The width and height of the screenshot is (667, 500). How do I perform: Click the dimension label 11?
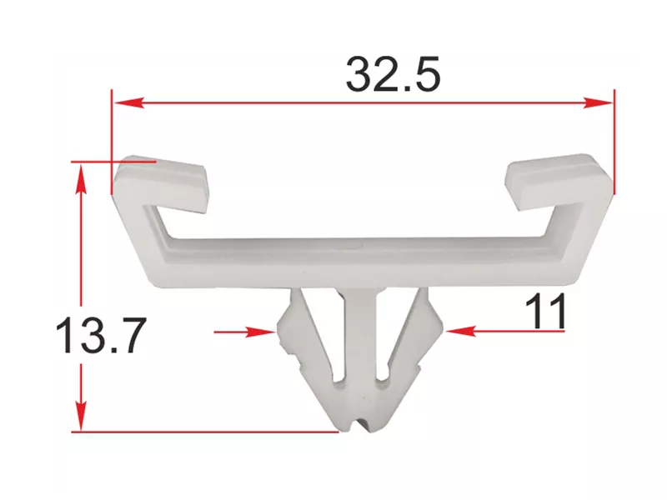coord(545,312)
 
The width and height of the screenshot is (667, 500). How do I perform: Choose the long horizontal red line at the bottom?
coord(208,431)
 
